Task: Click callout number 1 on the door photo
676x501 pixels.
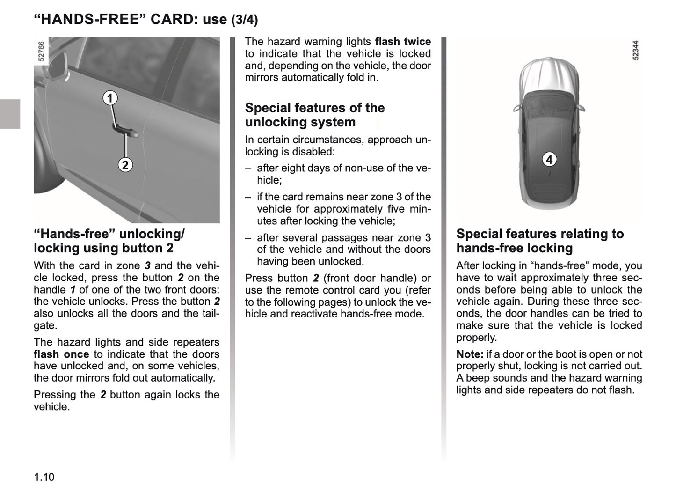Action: pyautogui.click(x=110, y=98)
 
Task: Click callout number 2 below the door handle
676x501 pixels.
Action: pyautogui.click(x=125, y=165)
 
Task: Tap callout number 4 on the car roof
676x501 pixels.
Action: pyautogui.click(x=549, y=160)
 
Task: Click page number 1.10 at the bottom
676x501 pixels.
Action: pyautogui.click(x=44, y=477)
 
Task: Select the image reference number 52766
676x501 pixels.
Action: pyautogui.click(x=41, y=51)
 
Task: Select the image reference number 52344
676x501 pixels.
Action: pyautogui.click(x=635, y=50)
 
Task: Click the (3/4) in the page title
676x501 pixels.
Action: pyautogui.click(x=244, y=20)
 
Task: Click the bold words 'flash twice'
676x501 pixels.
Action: pyautogui.click(x=403, y=42)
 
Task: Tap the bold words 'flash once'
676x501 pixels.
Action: pyautogui.click(x=61, y=354)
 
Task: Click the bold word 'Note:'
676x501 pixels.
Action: pyautogui.click(x=470, y=354)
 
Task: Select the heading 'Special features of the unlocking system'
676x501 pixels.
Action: pyautogui.click(x=314, y=115)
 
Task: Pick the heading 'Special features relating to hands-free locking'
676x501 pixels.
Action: pyautogui.click(x=540, y=241)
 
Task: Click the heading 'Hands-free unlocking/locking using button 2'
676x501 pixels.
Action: pyautogui.click(x=109, y=241)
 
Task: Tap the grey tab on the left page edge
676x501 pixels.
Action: pyautogui.click(x=10, y=114)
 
